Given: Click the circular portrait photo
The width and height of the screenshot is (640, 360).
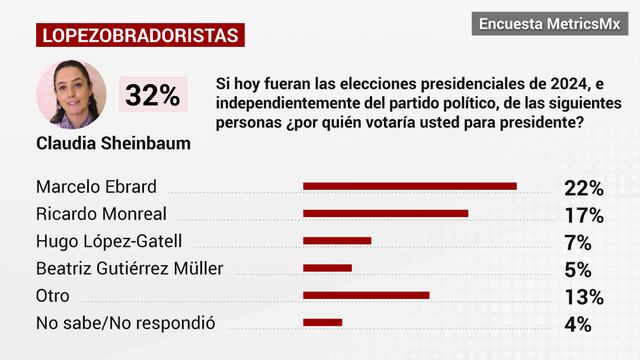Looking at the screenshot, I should coord(70,95).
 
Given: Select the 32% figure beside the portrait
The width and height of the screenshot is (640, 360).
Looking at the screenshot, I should coord(152,96).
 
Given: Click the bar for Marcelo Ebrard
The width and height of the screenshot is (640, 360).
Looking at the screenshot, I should coord(409,186).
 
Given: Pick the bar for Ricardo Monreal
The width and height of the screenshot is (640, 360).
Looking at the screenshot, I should coord(385,213).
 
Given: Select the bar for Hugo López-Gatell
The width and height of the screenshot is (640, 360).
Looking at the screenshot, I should coord(337,240).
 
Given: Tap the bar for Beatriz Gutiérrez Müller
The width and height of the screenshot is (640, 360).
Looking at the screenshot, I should coord(327,267).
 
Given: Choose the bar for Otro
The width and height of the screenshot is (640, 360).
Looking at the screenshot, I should coord(366,295).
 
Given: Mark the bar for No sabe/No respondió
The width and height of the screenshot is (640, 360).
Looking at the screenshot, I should coord(322,322).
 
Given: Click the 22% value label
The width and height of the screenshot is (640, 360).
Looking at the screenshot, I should coord(583,187).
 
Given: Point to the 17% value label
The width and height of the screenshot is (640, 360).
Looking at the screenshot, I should coord(583,214).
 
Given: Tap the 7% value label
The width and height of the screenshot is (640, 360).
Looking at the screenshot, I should coord(578,241).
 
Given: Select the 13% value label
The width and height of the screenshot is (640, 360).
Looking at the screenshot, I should coord(583,296).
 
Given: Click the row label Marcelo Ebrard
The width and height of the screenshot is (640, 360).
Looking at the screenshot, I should coord(96,187).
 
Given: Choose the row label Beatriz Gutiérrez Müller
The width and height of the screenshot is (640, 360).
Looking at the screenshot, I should coord(129,268).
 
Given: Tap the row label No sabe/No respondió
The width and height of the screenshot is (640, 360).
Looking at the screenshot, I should coord(125,323).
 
